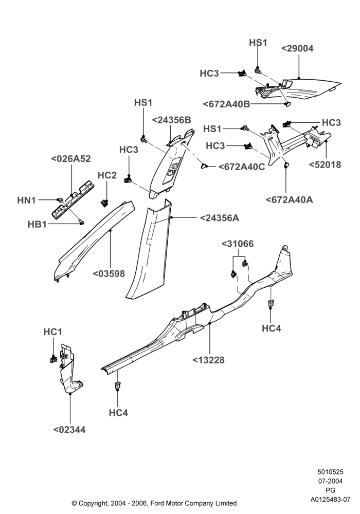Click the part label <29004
click(x=297, y=48)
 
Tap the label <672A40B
click(x=227, y=104)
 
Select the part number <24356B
click(x=171, y=120)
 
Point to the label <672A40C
click(x=242, y=167)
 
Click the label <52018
click(x=325, y=164)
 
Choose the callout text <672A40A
click(x=289, y=199)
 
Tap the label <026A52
click(x=71, y=159)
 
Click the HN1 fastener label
click(x=27, y=200)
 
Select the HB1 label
click(x=37, y=224)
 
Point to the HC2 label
click(x=107, y=175)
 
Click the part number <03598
click(x=109, y=274)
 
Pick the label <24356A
click(x=220, y=217)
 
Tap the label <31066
click(x=238, y=244)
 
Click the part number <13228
click(x=208, y=360)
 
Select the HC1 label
click(x=53, y=332)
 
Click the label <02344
click(x=69, y=429)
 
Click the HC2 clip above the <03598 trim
click(x=104, y=203)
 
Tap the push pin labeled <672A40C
click(x=204, y=166)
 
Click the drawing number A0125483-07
click(x=331, y=500)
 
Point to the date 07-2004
click(x=331, y=481)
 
